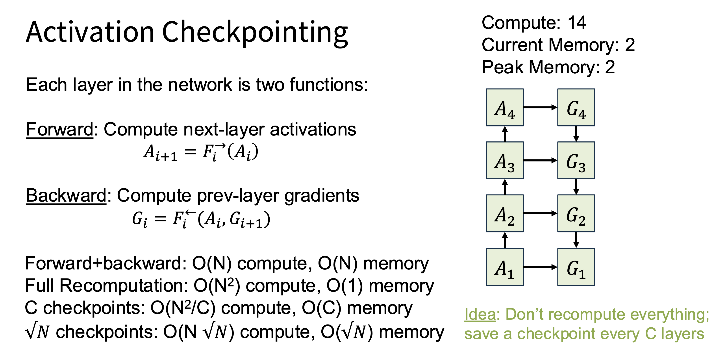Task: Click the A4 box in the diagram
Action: (x=505, y=108)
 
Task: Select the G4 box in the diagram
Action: (x=576, y=108)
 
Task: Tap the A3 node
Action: (x=505, y=160)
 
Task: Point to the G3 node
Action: (x=576, y=160)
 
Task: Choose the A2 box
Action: (x=505, y=213)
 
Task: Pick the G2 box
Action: (x=576, y=213)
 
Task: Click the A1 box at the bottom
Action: (x=505, y=267)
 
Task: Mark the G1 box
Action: (x=576, y=267)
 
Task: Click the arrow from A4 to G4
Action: (x=540, y=108)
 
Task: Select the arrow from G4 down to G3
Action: (x=576, y=134)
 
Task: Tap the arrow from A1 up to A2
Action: (x=505, y=240)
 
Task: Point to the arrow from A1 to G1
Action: (x=540, y=267)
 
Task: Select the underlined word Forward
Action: (x=60, y=129)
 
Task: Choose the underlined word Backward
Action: (x=66, y=195)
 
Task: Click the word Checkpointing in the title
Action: (x=255, y=33)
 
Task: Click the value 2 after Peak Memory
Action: (x=610, y=67)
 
